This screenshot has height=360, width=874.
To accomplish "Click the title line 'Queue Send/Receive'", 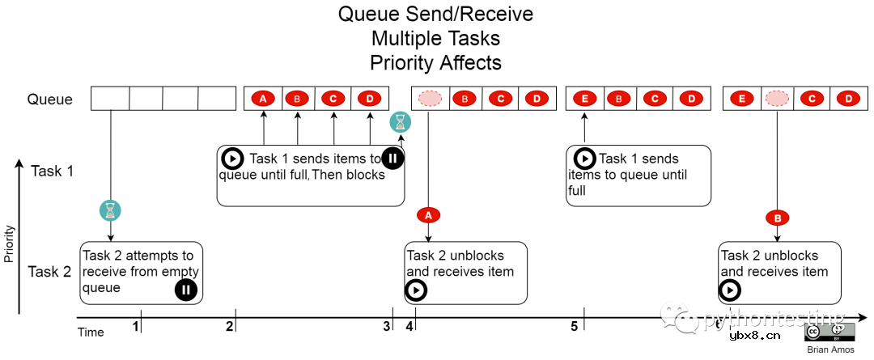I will [x=436, y=15].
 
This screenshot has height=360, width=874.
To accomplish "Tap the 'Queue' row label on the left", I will [x=50, y=100].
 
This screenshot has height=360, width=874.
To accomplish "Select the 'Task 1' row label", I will [x=53, y=171].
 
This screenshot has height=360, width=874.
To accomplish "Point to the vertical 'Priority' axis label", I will [x=9, y=243].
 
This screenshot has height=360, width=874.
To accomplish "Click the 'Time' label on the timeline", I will [x=91, y=332].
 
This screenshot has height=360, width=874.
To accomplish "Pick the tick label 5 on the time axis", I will [x=574, y=326].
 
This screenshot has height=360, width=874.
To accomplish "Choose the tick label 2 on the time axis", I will [x=230, y=326].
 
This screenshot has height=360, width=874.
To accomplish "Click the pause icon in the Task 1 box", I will [x=392, y=158].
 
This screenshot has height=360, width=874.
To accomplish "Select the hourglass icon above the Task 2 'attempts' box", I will [x=110, y=210].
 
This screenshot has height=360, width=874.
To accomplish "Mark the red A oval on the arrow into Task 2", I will [x=428, y=214].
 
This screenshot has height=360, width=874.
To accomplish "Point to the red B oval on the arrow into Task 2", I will [x=777, y=218].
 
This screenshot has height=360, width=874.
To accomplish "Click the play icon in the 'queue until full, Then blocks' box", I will [x=232, y=159].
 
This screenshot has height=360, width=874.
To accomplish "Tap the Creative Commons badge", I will [x=829, y=332].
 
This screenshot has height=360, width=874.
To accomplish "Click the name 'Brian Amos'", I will [x=829, y=349].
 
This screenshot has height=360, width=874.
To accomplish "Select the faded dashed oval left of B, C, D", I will [x=430, y=99].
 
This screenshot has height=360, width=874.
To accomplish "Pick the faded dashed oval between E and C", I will [x=777, y=99].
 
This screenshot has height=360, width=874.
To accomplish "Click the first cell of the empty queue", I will [x=110, y=99].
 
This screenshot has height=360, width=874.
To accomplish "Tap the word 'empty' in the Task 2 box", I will [x=180, y=272].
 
